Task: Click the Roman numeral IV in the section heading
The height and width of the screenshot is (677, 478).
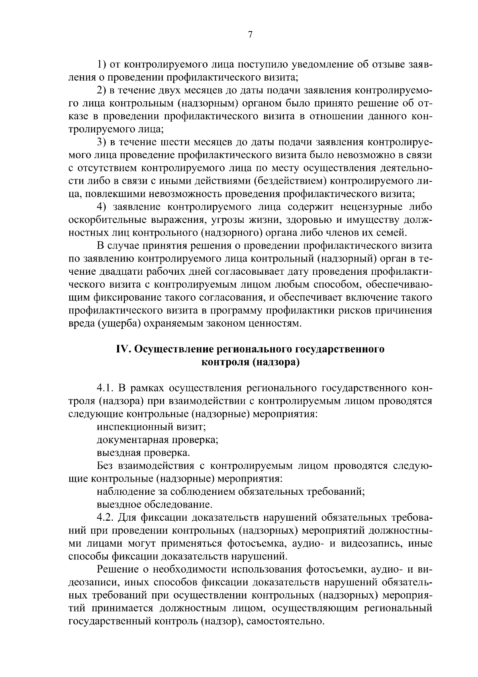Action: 123,349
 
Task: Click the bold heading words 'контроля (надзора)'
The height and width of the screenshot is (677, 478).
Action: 251,362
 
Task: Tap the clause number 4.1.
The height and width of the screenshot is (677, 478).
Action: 106,388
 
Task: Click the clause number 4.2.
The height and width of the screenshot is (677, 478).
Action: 106,518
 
